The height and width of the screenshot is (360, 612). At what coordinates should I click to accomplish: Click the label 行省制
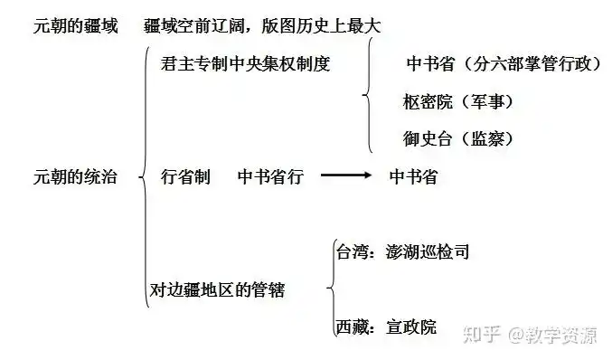[185, 177]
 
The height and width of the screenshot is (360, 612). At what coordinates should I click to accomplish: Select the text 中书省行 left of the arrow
[270, 177]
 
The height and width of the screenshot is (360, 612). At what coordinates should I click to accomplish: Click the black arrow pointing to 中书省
[347, 177]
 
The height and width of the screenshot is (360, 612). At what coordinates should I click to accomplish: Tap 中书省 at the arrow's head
[413, 177]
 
